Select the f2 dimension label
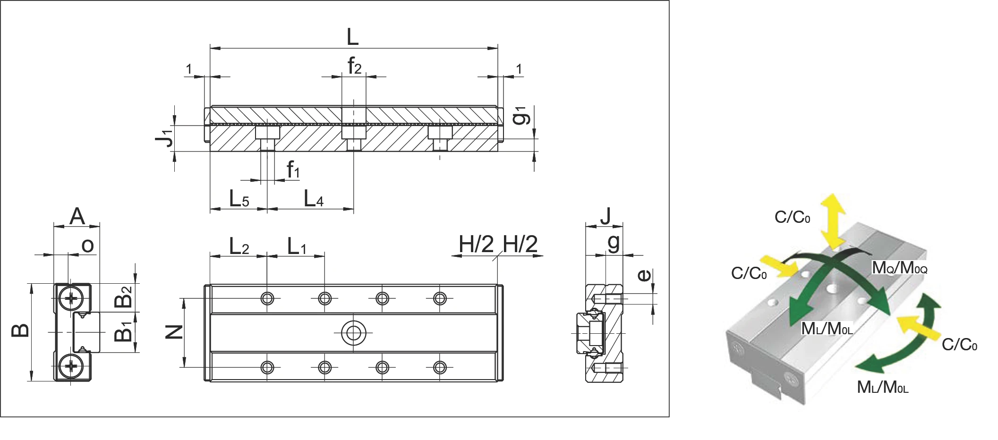click(x=354, y=66)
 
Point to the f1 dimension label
click(x=293, y=169)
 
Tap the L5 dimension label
click(x=239, y=199)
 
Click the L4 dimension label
click(x=313, y=199)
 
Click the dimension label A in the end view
click(x=77, y=216)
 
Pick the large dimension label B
click(x=20, y=331)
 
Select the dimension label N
click(x=174, y=332)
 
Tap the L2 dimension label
click(x=239, y=246)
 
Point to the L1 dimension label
click(x=297, y=246)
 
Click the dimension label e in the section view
click(x=644, y=275)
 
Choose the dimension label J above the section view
click(x=605, y=216)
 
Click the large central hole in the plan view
click(x=353, y=333)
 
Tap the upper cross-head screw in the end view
click(x=72, y=298)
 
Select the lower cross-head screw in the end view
click(x=72, y=366)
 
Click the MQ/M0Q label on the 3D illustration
click(x=900, y=268)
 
